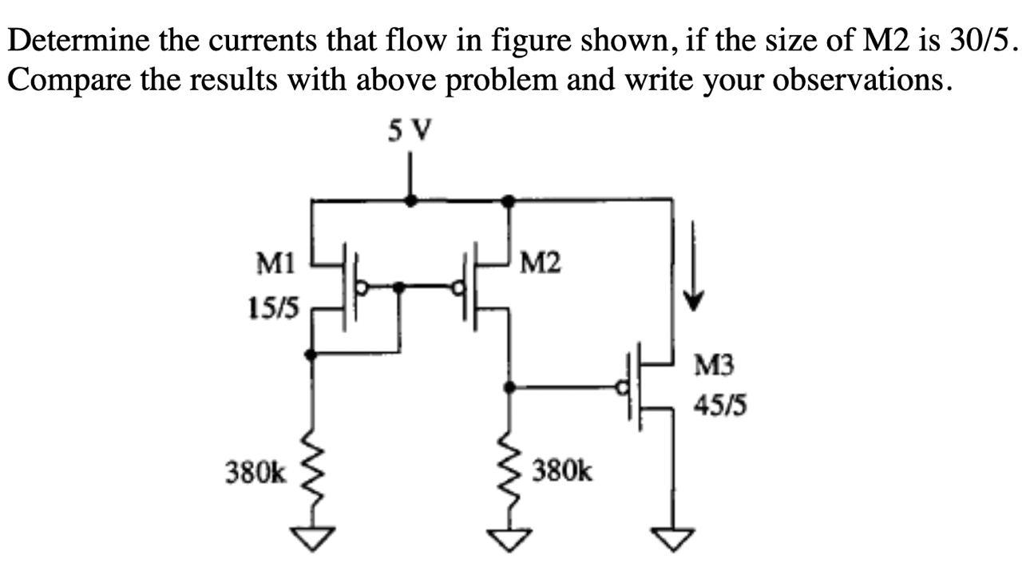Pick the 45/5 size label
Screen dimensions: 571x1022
(720, 407)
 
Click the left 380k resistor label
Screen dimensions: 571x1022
(255, 474)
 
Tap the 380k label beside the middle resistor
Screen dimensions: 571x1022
(563, 470)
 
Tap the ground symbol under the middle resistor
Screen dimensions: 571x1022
(509, 541)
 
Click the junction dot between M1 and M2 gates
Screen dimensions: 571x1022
(400, 286)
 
